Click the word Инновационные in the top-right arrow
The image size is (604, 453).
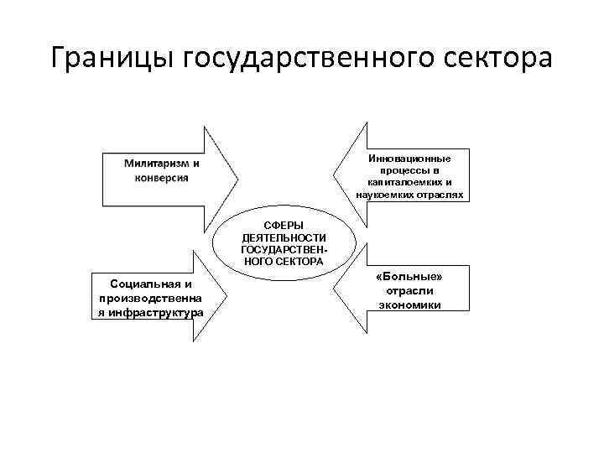point(409,159)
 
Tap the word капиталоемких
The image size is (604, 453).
point(403,182)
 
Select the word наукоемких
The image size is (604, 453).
point(386,194)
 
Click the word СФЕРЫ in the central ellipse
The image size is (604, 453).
point(284,226)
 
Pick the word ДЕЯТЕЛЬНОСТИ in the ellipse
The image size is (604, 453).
point(284,238)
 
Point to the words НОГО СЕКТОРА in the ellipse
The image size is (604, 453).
point(284,262)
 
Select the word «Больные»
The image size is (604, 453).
point(410,278)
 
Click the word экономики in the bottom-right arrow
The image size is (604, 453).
point(410,305)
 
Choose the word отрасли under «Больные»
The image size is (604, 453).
point(410,291)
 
